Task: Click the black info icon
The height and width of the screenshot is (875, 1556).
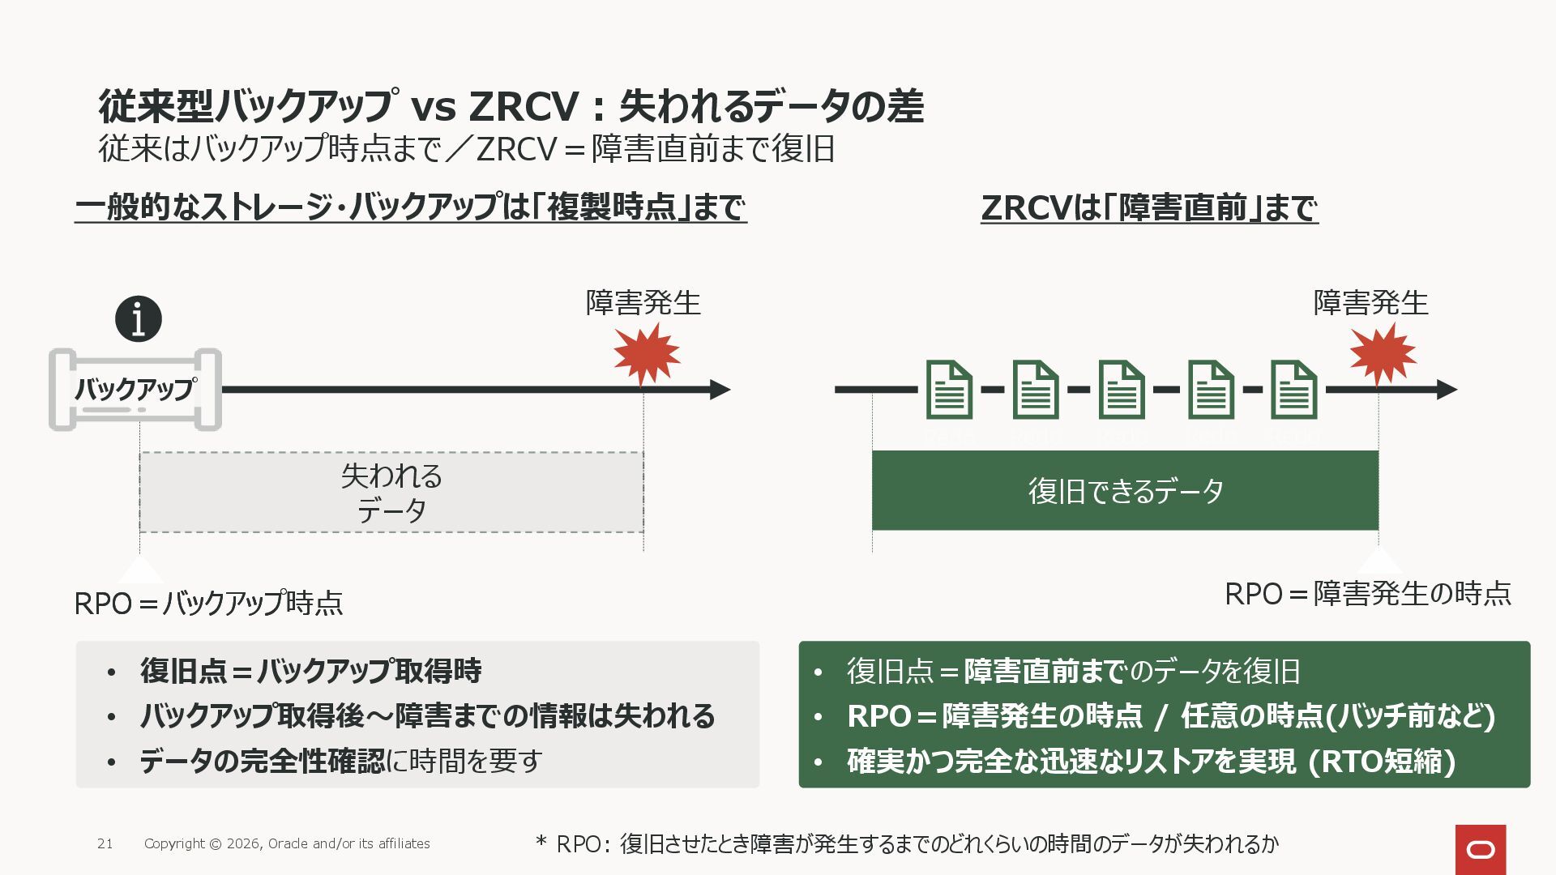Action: (139, 319)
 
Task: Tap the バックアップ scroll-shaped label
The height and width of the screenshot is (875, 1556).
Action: (135, 390)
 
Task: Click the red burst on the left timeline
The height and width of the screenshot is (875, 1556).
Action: (646, 354)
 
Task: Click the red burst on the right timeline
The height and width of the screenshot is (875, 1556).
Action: (1383, 354)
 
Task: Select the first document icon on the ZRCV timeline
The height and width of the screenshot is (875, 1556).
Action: (949, 390)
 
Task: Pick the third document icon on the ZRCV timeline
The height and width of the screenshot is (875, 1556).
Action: (1122, 390)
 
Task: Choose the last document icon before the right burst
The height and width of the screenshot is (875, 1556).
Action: (1293, 390)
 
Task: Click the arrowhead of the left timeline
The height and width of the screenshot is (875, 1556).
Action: (720, 390)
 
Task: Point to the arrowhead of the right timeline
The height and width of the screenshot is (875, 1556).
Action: (1447, 390)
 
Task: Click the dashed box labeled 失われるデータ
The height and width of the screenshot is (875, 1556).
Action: (391, 493)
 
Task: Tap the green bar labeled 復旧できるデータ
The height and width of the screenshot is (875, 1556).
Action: (1125, 491)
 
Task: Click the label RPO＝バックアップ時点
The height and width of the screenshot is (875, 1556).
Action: (208, 604)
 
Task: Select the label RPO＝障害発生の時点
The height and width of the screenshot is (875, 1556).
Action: (1367, 594)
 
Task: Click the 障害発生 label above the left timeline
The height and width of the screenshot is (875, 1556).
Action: (643, 303)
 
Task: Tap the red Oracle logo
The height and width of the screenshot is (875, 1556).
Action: (1481, 849)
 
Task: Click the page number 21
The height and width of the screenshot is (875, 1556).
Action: (105, 844)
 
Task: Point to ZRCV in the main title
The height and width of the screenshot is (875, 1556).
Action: (524, 106)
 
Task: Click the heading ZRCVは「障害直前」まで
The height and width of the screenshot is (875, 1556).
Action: (1149, 208)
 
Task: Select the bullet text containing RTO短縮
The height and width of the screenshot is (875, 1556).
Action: (1151, 762)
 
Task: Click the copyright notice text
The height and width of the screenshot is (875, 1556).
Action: (287, 844)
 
